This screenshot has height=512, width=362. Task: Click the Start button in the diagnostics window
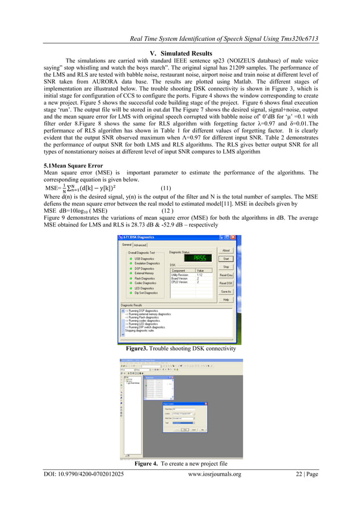[x=226, y=259]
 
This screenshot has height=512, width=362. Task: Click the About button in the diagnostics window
[x=226, y=250]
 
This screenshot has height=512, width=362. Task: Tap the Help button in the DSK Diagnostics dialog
[x=226, y=299]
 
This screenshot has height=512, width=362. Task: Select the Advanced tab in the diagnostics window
[x=140, y=245]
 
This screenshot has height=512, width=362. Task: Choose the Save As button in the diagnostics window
[x=226, y=291]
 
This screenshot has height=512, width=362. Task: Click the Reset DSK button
[x=226, y=283]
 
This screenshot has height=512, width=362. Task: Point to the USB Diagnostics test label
[x=144, y=258]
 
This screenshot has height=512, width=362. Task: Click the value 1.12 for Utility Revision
[x=200, y=275]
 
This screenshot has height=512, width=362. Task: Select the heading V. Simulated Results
[x=180, y=53]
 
